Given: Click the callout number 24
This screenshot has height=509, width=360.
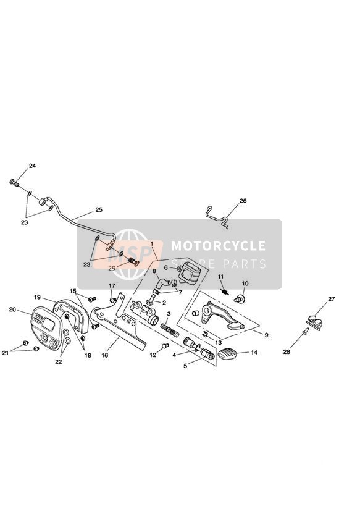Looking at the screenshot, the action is [x=33, y=166].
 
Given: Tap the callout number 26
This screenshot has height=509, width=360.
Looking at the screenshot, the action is [x=243, y=201].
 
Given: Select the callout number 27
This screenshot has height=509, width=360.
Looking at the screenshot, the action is [x=331, y=299].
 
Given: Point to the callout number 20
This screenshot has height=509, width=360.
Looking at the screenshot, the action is [x=12, y=309].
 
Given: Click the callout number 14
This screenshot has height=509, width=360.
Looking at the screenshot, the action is [x=254, y=352].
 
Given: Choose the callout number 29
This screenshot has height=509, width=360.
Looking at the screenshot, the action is [x=112, y=269].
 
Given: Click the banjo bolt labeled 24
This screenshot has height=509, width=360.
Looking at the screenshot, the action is [x=14, y=183].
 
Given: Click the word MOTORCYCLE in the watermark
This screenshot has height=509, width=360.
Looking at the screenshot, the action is [x=218, y=245].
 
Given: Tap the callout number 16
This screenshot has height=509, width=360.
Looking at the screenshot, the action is [x=104, y=355].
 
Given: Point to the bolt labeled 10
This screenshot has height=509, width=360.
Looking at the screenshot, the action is [x=238, y=298].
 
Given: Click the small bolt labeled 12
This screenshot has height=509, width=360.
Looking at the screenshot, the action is [x=165, y=345].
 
